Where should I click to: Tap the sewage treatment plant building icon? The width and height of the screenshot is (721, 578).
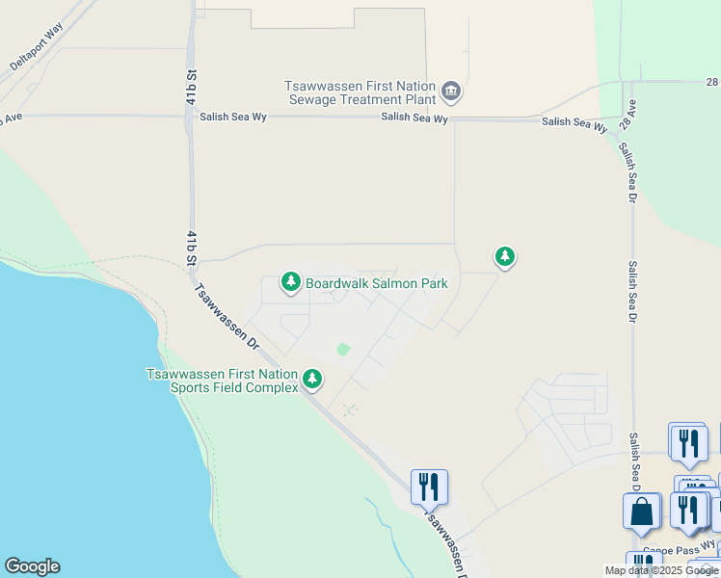coord(450,92)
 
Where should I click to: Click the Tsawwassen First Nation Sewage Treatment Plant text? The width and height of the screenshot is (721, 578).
coord(360,92)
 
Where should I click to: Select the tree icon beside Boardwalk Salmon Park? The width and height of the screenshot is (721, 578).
coord(290,282)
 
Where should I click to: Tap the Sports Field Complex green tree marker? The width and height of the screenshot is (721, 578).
coord(312,379)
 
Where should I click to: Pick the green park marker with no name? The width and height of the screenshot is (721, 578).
coord(504,256)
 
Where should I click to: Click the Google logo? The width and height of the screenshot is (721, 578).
coord(32,566)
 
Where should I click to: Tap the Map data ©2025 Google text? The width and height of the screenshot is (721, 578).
coord(661,570)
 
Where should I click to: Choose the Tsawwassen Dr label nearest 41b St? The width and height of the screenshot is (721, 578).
coord(227,315)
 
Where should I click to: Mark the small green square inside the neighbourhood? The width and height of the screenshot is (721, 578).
coord(342,350)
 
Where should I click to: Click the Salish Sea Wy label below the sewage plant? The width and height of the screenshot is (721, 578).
coord(414,118)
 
